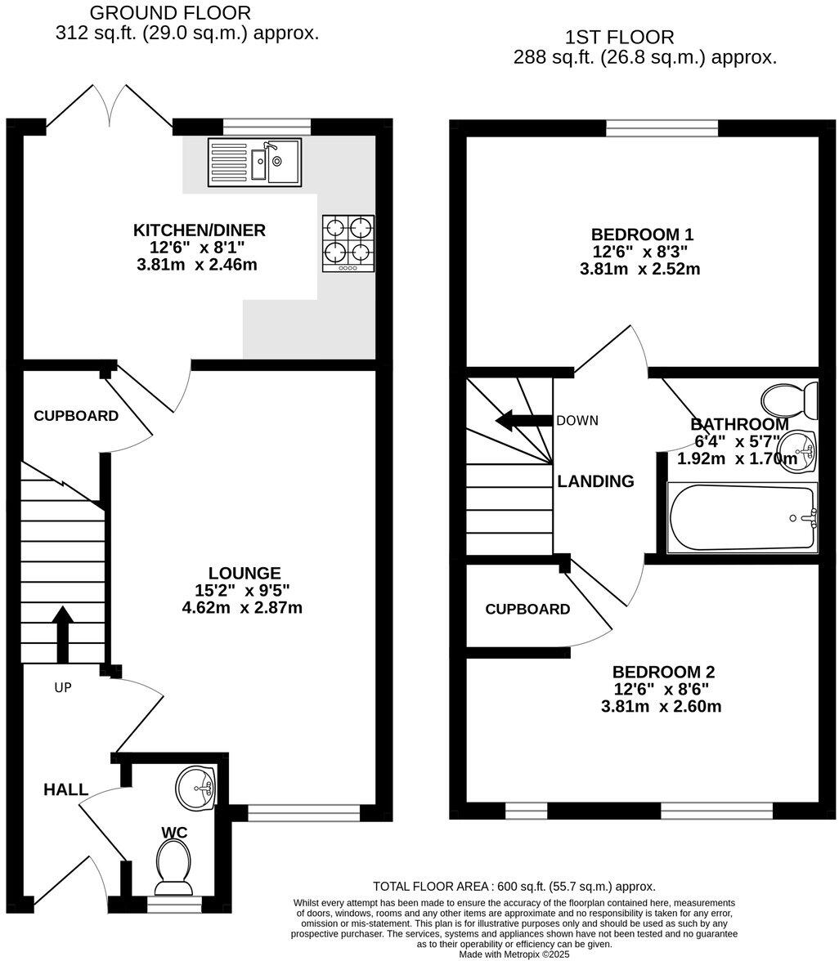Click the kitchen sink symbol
pos(254,161)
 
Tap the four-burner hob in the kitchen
pos(348,242)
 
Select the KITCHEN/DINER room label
pos(200,230)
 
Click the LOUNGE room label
pos(244,574)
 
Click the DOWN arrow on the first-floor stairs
pos(523,422)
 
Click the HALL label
pos(65,789)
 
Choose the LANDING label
pos(595,481)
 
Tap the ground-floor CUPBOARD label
pos(75,416)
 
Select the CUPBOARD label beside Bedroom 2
pos(527,609)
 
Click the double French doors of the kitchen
pos(109,106)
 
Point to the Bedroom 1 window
pos(662,127)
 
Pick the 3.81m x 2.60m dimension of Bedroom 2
pos(661,706)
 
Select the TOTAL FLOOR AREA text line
pos(514,886)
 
